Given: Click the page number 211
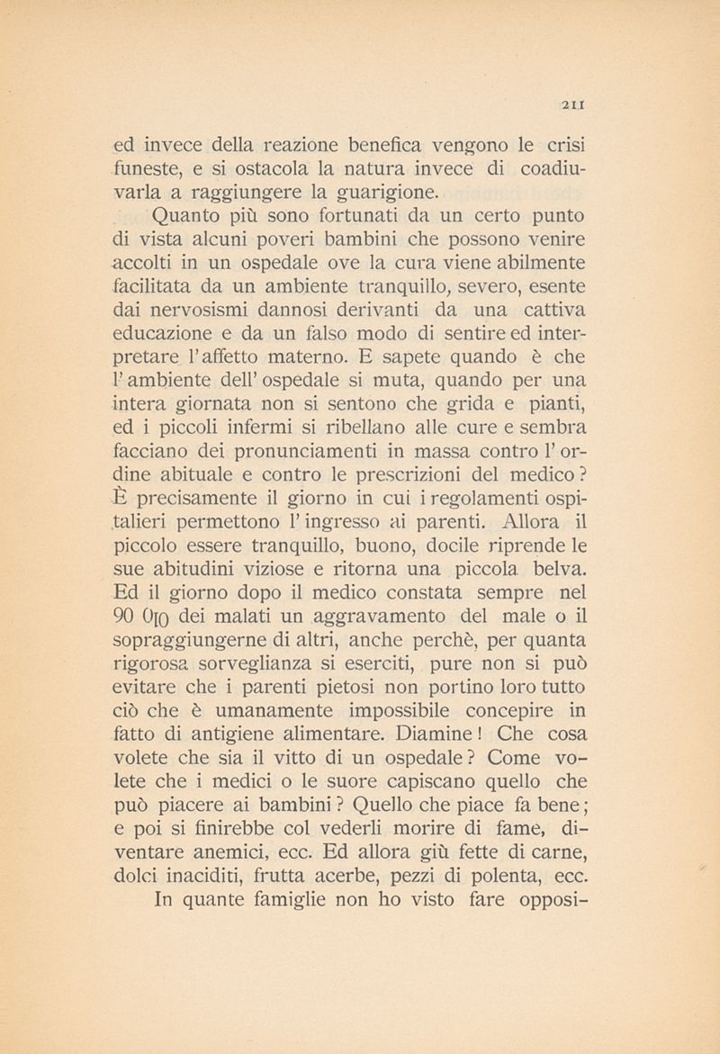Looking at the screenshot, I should [x=574, y=104].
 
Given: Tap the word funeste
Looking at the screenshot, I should [x=149, y=167].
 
